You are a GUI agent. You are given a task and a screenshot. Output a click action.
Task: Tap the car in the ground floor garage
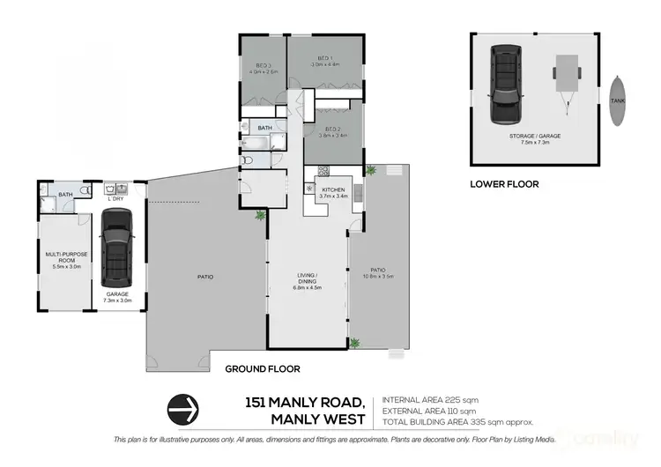116,248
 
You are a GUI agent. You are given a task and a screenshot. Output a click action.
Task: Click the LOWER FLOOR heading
504,184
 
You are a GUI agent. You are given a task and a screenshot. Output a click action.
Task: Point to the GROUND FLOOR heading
263,368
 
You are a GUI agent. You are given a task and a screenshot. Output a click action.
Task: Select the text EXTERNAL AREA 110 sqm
428,410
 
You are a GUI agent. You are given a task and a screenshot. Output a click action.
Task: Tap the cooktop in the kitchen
323,171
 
